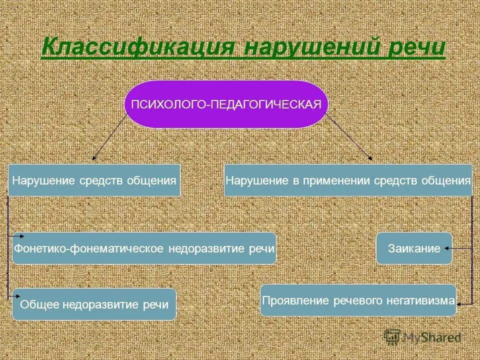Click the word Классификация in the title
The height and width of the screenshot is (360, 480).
pyautogui.click(x=137, y=47)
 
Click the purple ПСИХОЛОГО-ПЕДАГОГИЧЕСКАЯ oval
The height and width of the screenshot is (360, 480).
pyautogui.click(x=226, y=104)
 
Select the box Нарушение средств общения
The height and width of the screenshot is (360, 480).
pyautogui.click(x=94, y=180)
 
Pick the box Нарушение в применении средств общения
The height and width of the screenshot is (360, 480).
pyautogui.click(x=348, y=180)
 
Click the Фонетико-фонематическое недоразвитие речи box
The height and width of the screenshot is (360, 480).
pyautogui.click(x=144, y=248)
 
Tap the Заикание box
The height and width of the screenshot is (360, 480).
pyautogui.click(x=414, y=248)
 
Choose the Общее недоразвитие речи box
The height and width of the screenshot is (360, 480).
pyautogui.click(x=94, y=304)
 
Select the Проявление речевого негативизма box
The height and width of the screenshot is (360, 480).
pyautogui.click(x=358, y=300)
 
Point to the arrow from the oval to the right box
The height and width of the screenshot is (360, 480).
pyautogui.click(x=349, y=136)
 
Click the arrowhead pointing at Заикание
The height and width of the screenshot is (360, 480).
pyautogui.click(x=447, y=248)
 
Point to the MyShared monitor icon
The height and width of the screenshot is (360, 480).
pyautogui.click(x=392, y=336)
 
